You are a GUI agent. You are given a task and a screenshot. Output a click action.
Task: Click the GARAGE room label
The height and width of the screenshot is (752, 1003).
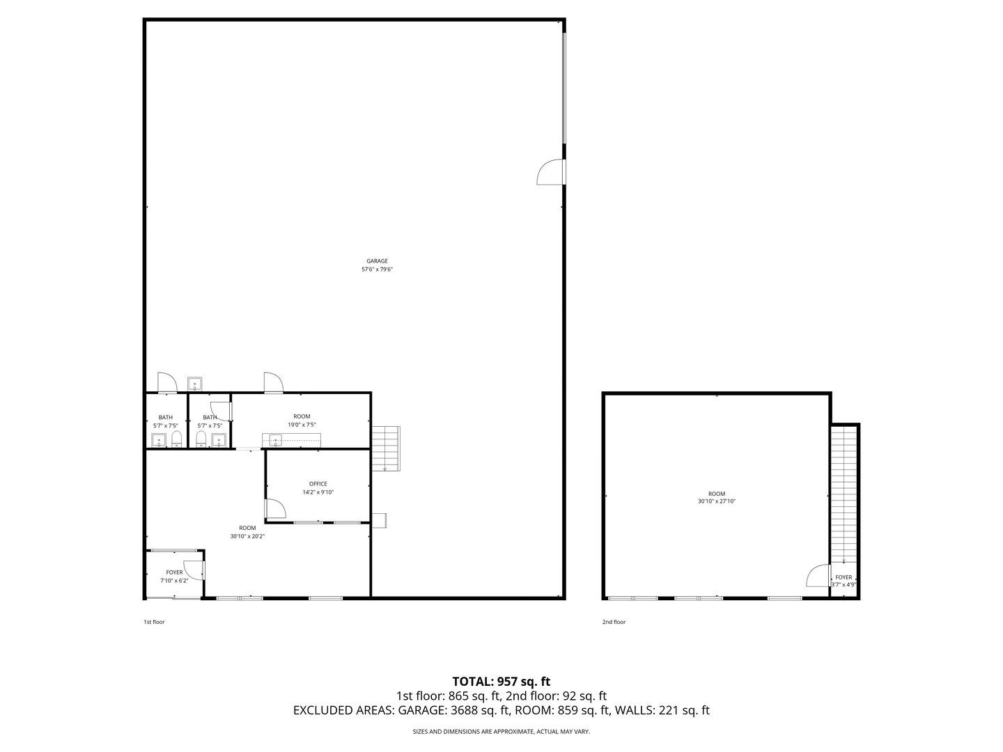pyautogui.click(x=377, y=261)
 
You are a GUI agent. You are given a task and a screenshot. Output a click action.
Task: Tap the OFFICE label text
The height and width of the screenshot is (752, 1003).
pyautogui.click(x=318, y=484)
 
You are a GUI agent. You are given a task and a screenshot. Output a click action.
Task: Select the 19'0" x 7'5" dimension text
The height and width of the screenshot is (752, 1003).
pyautogui.click(x=302, y=425)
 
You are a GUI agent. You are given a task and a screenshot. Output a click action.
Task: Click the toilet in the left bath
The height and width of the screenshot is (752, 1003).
pyautogui.click(x=176, y=439)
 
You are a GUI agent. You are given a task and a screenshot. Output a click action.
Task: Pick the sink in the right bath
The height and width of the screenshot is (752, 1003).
pyautogui.click(x=219, y=439)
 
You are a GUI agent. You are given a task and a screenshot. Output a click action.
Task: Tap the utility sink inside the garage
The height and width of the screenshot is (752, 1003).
pyautogui.click(x=194, y=384)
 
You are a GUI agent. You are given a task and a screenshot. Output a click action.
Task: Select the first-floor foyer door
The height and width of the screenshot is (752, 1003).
pyautogui.click(x=193, y=570)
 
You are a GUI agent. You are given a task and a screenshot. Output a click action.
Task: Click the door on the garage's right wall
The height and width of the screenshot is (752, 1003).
pyautogui.click(x=550, y=172)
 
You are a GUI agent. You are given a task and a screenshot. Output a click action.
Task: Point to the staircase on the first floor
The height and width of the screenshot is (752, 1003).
pyautogui.click(x=386, y=448)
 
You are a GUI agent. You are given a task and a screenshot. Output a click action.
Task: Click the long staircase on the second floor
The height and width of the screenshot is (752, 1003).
pyautogui.click(x=843, y=494)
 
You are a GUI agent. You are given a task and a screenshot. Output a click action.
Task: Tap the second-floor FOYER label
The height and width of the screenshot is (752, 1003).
pyautogui.click(x=843, y=577)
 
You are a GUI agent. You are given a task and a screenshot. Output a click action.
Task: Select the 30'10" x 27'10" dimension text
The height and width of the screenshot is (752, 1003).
pyautogui.click(x=717, y=501)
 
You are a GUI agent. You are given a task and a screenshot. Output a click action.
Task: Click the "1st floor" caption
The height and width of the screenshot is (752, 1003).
pyautogui.click(x=154, y=622)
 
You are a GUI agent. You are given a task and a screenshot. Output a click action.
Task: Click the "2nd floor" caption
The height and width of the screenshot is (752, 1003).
pyautogui.click(x=614, y=622)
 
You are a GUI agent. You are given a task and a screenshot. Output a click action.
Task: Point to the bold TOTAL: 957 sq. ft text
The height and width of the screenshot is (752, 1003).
pyautogui.click(x=501, y=681)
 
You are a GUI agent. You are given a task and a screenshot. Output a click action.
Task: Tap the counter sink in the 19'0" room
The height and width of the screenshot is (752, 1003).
pyautogui.click(x=276, y=439)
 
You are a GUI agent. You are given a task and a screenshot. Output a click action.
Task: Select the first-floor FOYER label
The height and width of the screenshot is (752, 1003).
pyautogui.click(x=174, y=572)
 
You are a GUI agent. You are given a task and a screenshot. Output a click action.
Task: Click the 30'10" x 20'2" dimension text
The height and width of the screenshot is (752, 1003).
pyautogui.click(x=247, y=536)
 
